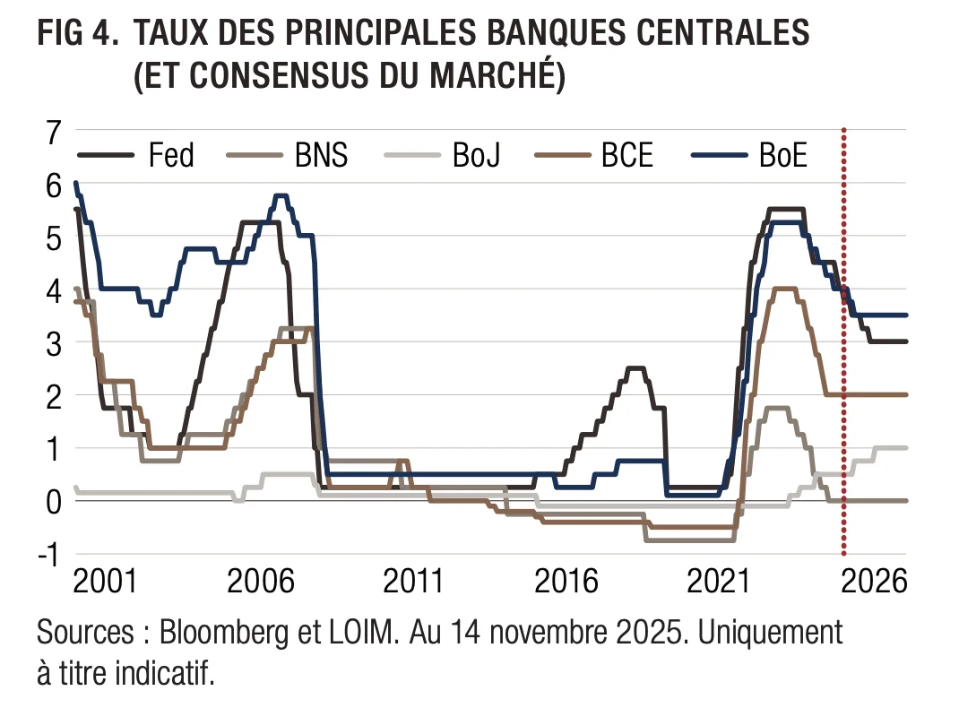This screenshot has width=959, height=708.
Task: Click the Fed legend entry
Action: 170,156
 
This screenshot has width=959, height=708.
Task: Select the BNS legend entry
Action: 321,156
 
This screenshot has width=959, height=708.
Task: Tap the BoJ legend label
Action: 476,156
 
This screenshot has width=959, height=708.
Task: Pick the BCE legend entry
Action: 626,156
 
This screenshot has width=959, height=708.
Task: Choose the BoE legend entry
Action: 782,156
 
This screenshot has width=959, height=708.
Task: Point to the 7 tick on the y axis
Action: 53,133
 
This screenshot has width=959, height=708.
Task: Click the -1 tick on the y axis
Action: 48,553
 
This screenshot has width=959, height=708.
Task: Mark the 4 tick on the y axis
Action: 53,290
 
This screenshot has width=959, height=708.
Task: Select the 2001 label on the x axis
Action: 106,583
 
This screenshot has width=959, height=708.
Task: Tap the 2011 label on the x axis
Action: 413,583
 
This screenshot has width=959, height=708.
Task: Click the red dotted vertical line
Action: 844,358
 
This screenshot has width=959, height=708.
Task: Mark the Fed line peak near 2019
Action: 635,367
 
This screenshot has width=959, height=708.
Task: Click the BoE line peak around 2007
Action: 281,195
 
